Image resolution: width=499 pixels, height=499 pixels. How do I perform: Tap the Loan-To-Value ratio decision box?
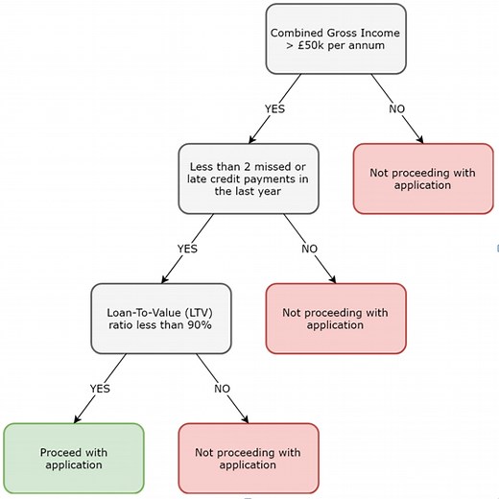coord(161,317)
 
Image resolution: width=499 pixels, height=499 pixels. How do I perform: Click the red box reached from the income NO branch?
coord(423,178)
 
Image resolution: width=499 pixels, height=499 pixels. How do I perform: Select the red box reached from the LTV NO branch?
coord(248,458)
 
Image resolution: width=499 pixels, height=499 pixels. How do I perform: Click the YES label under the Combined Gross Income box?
coord(274,108)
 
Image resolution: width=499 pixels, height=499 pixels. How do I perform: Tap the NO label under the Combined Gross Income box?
coord(396,108)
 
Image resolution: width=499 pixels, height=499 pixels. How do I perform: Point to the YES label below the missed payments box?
coord(187,249)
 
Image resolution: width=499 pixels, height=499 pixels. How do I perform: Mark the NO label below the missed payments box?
coord(309,249)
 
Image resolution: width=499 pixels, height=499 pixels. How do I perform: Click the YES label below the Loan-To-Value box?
coord(100,389)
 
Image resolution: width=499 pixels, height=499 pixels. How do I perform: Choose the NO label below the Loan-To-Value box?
coord(222,389)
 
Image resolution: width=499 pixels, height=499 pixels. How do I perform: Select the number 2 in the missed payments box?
coord(252,164)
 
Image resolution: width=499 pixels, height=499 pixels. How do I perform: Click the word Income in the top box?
coord(375,31)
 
